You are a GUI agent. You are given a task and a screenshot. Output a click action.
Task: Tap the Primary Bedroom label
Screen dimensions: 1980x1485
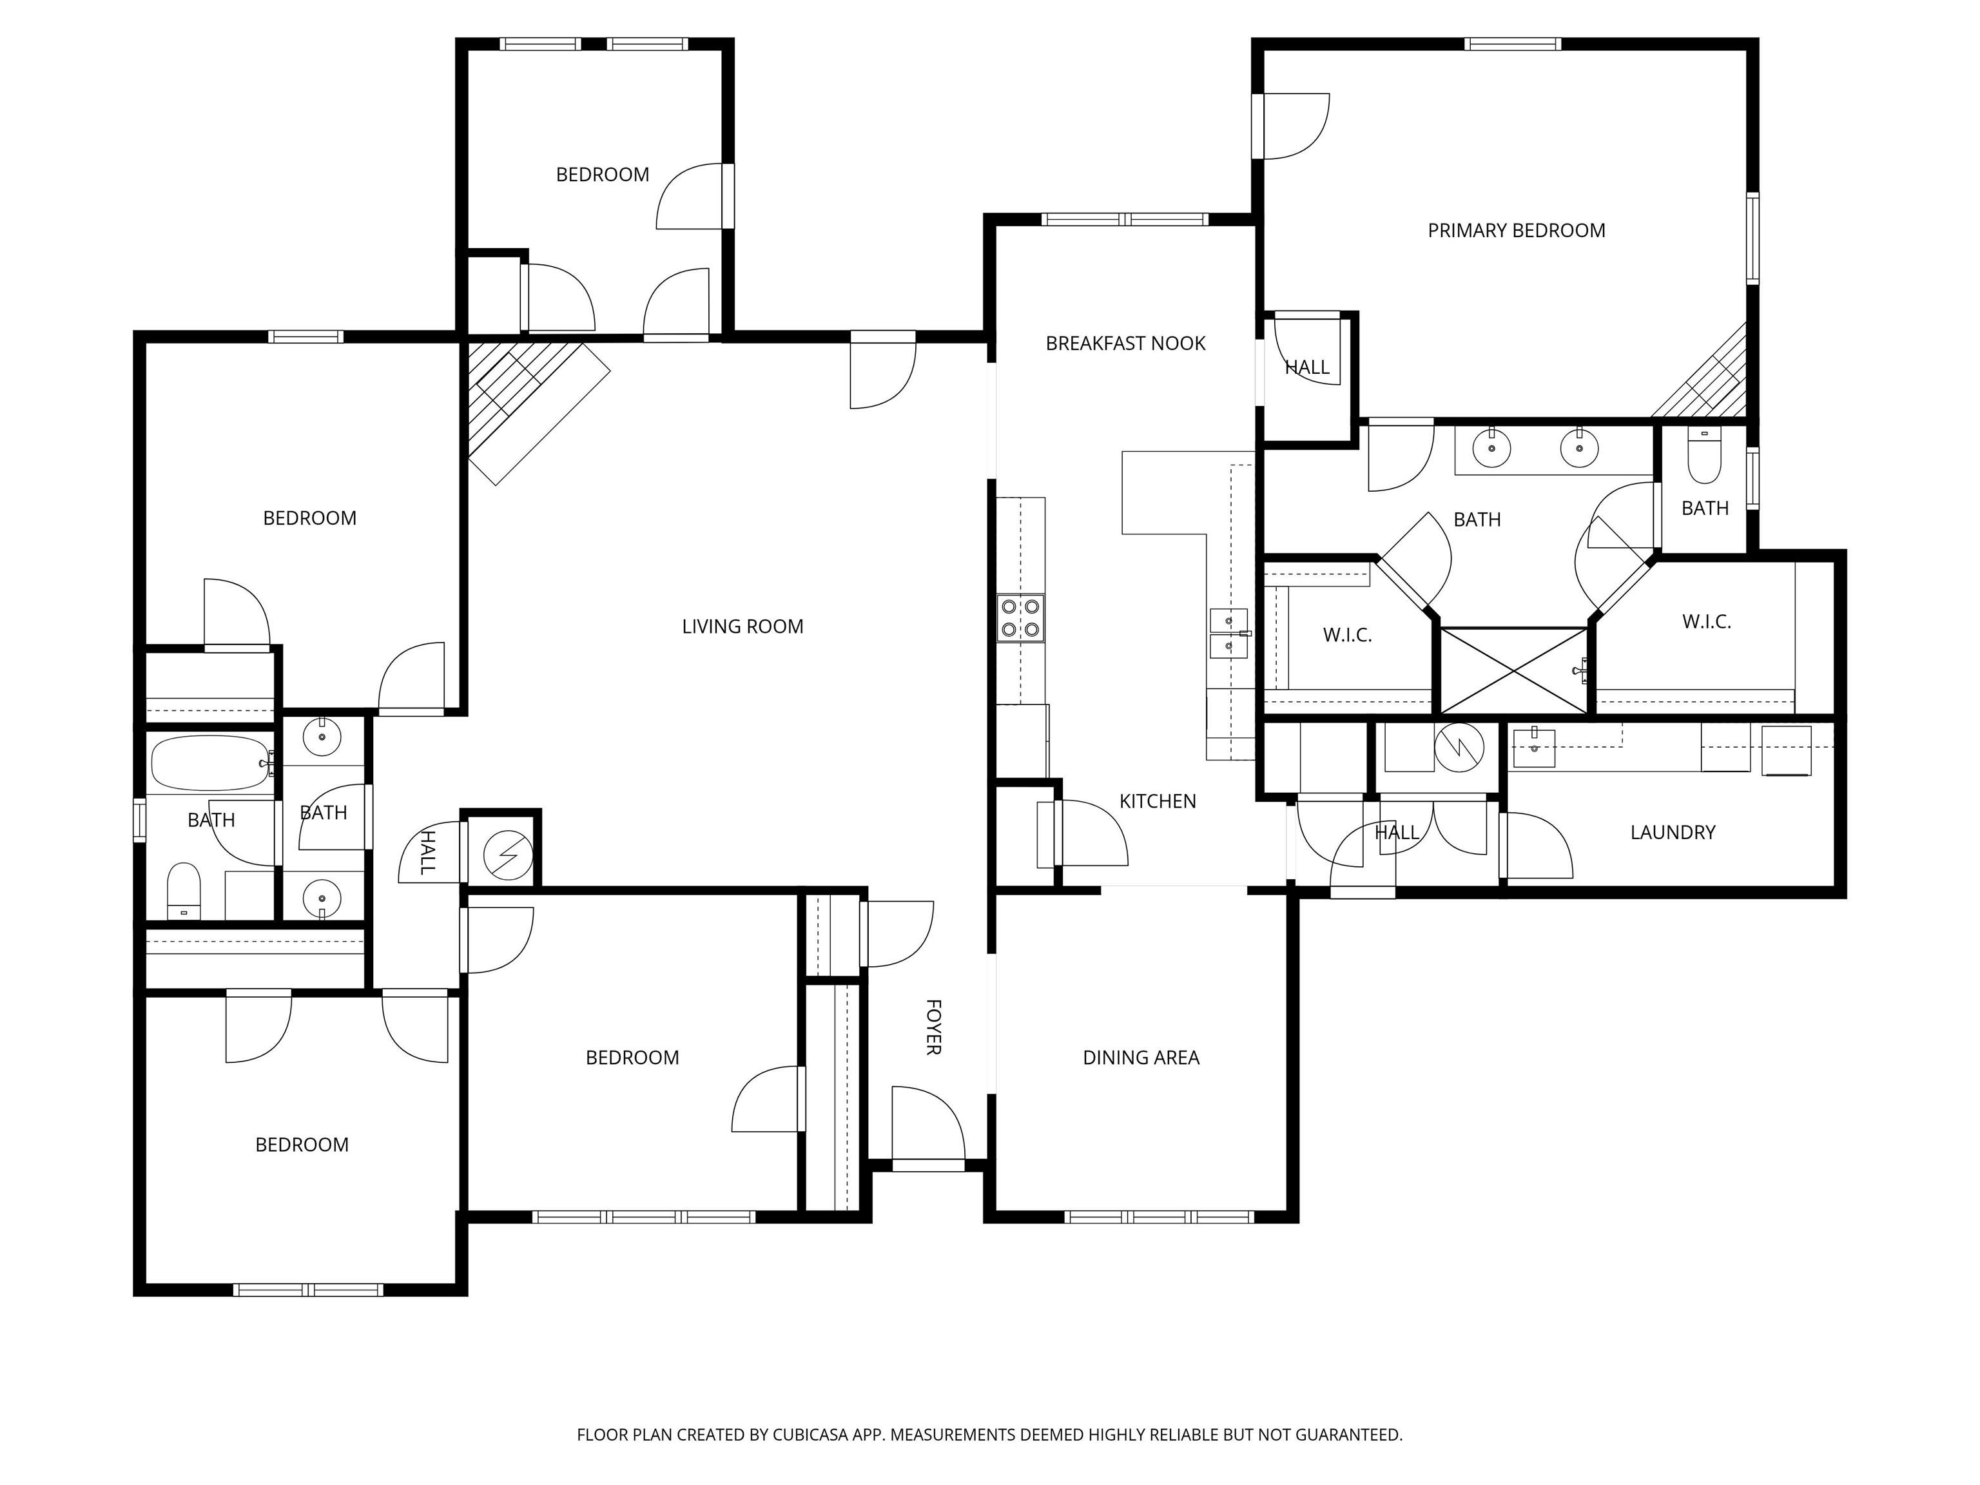(x=1517, y=231)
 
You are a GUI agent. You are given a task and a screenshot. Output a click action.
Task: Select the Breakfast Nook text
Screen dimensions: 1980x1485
(x=1125, y=344)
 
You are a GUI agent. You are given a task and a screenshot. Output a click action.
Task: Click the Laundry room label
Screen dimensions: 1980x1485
(x=1672, y=833)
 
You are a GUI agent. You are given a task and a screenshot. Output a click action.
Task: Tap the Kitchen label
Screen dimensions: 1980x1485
(x=1158, y=802)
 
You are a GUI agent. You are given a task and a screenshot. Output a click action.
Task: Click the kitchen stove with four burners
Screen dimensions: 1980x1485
(x=1020, y=617)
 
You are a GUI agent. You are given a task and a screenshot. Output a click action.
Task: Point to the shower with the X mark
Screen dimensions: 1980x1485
(x=1513, y=670)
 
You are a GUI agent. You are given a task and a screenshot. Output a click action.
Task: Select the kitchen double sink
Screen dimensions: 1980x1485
(x=1229, y=634)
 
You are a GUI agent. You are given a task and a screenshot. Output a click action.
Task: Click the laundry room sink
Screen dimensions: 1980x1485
(x=1533, y=748)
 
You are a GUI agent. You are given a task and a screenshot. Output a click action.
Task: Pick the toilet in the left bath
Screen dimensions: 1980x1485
(x=184, y=891)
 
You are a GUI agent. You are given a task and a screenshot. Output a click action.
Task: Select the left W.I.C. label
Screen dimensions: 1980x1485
(x=1347, y=636)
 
